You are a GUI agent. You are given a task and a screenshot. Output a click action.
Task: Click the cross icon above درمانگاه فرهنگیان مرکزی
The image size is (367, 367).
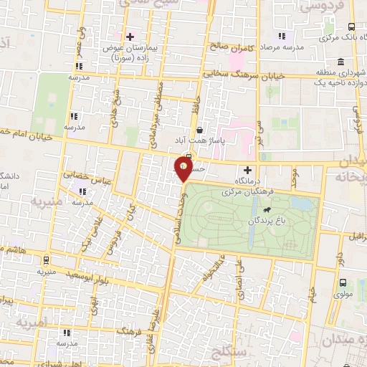(248, 171)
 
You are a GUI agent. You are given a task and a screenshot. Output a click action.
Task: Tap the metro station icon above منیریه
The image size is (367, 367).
(46, 260)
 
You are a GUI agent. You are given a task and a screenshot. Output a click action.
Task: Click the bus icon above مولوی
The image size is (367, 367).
(342, 282)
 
